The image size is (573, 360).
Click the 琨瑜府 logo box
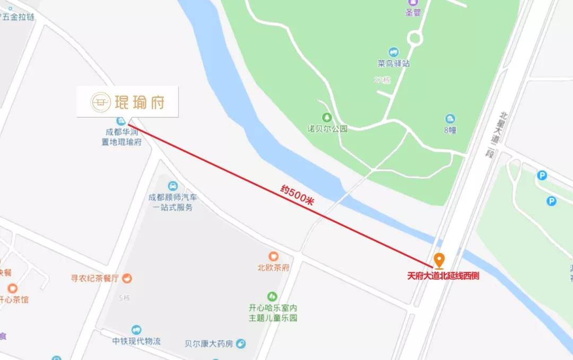point(127,101)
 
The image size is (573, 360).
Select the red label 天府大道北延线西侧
point(442,276)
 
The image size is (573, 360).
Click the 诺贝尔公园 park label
point(327,128)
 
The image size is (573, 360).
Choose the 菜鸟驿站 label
point(394,63)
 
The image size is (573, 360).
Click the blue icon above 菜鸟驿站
point(394,52)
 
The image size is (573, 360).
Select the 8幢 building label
point(450,130)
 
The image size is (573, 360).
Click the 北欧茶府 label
point(273,268)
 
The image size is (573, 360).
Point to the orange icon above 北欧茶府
point(274,257)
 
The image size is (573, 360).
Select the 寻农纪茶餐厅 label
point(95,278)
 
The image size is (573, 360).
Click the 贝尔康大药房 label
point(209,344)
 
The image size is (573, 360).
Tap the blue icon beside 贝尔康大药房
point(241,344)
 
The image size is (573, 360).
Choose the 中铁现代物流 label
point(136,341)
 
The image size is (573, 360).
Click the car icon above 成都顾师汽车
point(172,186)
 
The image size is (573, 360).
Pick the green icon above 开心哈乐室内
point(273,296)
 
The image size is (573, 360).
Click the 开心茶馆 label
point(14,300)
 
